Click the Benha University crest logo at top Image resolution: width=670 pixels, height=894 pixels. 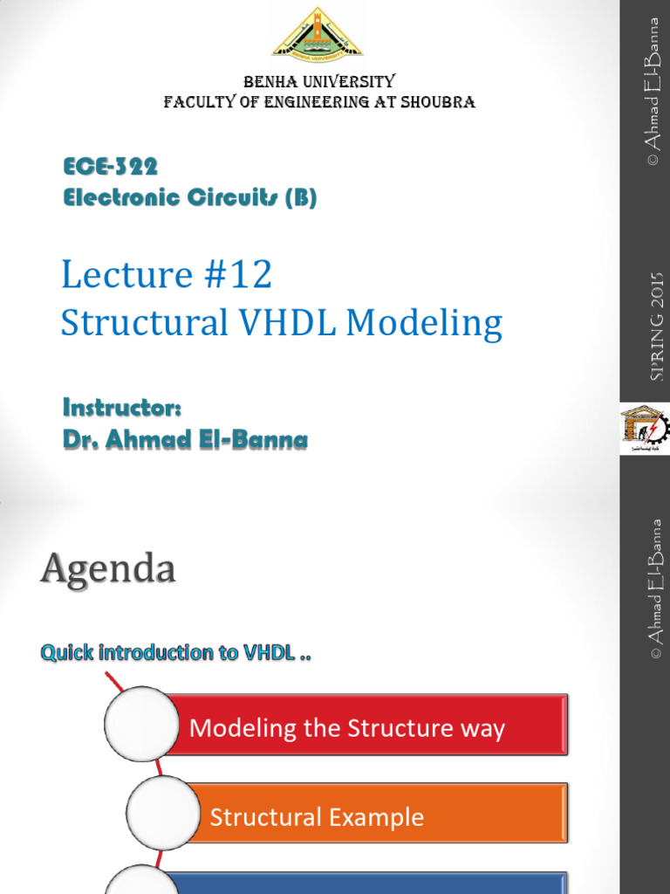click(x=319, y=35)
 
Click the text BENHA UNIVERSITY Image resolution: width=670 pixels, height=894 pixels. click(x=319, y=81)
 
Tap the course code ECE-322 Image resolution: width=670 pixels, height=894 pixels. click(x=110, y=166)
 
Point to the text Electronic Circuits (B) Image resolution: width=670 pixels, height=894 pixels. click(x=189, y=198)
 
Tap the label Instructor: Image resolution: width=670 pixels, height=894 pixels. click(x=122, y=408)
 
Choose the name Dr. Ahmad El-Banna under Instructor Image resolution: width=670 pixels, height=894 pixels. click(x=185, y=440)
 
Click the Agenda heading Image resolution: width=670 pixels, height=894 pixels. click(x=108, y=570)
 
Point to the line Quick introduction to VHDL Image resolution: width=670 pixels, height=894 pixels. click(x=176, y=653)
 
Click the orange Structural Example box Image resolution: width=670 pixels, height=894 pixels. click(x=375, y=817)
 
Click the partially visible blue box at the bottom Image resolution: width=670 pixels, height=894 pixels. click(x=366, y=884)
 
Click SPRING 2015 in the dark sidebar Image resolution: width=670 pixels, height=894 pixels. click(x=657, y=326)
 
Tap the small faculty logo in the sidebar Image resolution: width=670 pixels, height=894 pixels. click(x=645, y=429)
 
